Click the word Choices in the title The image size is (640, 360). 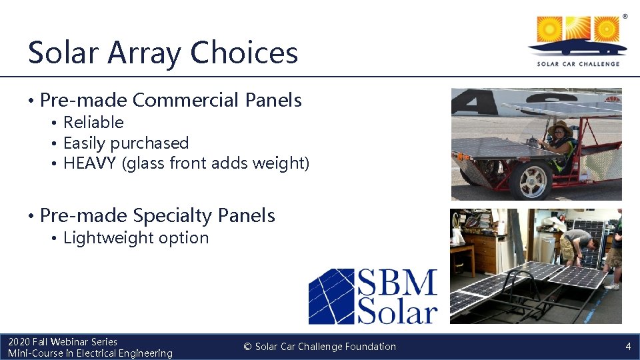click(x=244, y=52)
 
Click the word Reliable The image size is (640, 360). click(x=93, y=123)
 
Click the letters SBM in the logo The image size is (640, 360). click(x=397, y=283)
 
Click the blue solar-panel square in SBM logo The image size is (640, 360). click(x=331, y=296)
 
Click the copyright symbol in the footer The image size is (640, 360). click(x=247, y=347)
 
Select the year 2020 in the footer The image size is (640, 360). click(x=19, y=342)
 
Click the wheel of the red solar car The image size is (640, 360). click(x=531, y=180)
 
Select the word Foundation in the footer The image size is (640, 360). click(x=370, y=347)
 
